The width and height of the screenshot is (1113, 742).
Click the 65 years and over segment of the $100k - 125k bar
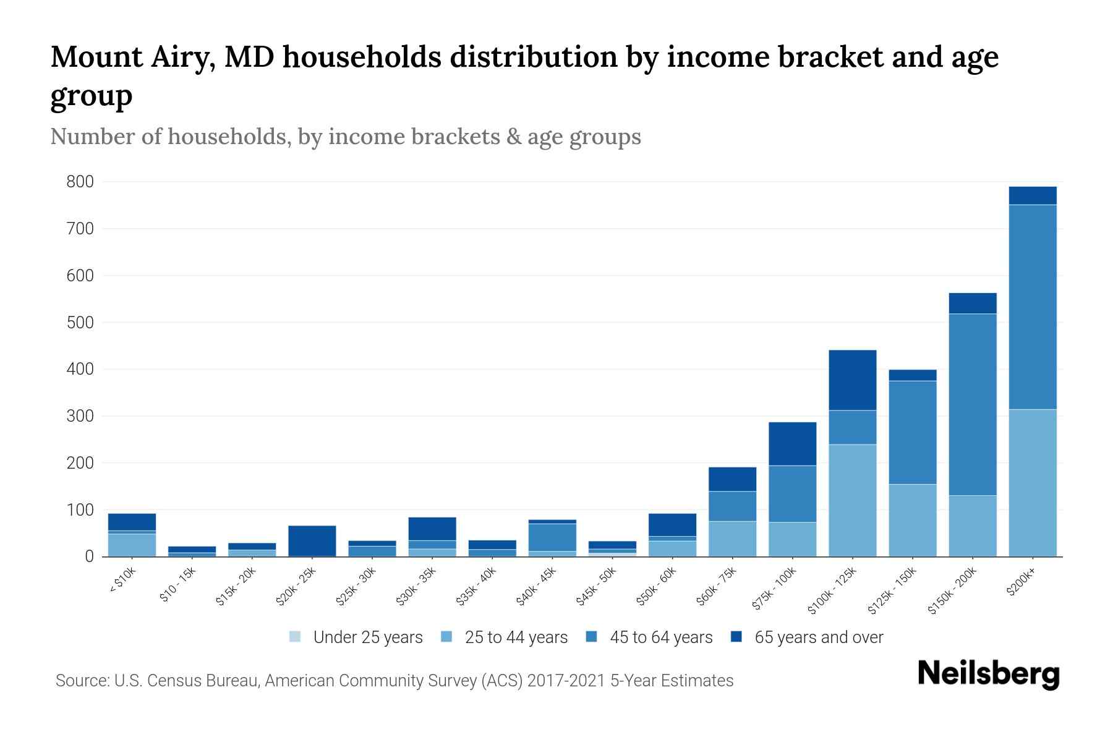[853, 380]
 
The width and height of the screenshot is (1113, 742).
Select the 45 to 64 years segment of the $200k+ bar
[1033, 307]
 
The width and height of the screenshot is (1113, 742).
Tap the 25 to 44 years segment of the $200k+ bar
[1033, 482]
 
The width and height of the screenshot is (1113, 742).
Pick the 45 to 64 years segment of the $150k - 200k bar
[973, 404]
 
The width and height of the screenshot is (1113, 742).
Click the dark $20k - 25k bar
[312, 540]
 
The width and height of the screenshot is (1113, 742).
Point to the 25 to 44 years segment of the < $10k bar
[132, 545]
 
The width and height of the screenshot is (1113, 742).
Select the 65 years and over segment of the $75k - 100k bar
[793, 443]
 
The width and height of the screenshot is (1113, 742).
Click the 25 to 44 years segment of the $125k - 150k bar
[913, 520]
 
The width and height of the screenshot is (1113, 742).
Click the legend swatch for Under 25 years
[295, 637]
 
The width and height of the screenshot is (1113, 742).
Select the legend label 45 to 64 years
[660, 638]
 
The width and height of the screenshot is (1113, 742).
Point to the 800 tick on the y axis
[80, 182]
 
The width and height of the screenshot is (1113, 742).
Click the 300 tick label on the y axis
[80, 416]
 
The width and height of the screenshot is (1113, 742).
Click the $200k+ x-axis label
[1021, 581]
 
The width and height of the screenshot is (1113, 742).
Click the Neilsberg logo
[988, 674]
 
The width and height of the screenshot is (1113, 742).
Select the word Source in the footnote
[80, 681]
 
